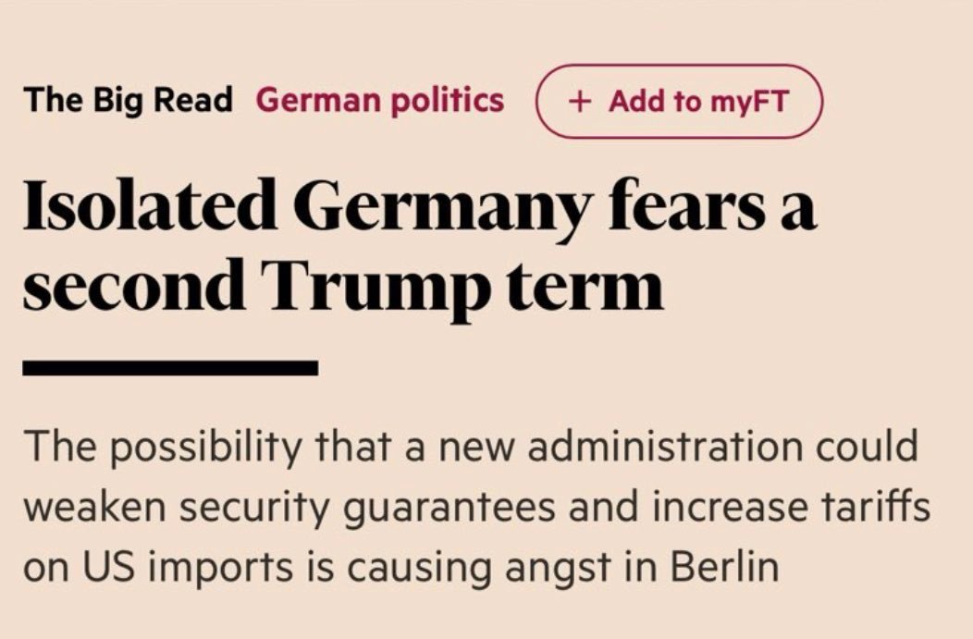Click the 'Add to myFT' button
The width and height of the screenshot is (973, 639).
[x=679, y=101]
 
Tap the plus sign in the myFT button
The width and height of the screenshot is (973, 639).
[x=580, y=101]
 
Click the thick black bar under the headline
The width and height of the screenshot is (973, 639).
[x=170, y=368]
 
